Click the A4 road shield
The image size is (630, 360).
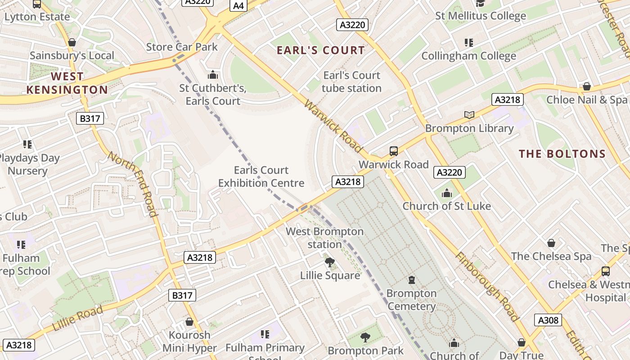pyautogui.click(x=238, y=5)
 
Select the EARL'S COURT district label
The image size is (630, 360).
pyautogui.click(x=321, y=50)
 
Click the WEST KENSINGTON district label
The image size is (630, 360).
pyautogui.click(x=67, y=83)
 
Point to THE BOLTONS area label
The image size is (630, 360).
pyautogui.click(x=562, y=154)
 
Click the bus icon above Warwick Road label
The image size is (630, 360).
pyautogui.click(x=394, y=151)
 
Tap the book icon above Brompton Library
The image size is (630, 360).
pyautogui.click(x=469, y=115)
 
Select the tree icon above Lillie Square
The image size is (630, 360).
pyautogui.click(x=330, y=262)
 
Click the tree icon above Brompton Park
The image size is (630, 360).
pyautogui.click(x=365, y=337)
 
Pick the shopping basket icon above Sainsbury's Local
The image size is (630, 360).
pyautogui.click(x=72, y=42)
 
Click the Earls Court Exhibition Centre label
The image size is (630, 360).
pyautogui.click(x=261, y=176)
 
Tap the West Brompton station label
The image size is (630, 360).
pyautogui.click(x=324, y=238)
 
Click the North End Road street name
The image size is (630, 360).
pyautogui.click(x=133, y=184)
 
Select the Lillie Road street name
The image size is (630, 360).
pyautogui.click(x=78, y=318)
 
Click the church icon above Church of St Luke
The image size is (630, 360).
pyautogui.click(x=446, y=193)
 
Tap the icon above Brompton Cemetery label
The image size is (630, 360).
pyautogui.click(x=411, y=280)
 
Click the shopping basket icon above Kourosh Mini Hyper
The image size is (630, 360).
pyautogui.click(x=189, y=322)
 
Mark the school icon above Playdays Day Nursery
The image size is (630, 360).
pyautogui.click(x=27, y=144)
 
